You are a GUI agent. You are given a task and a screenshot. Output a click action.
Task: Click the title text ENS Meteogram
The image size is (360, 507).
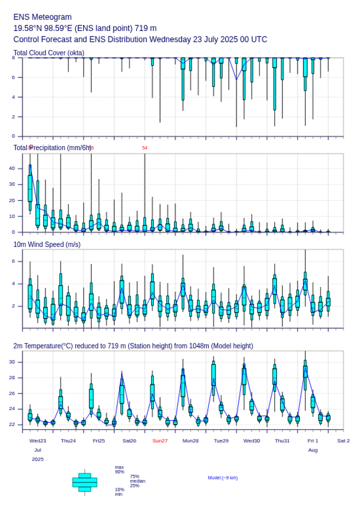coord(43,17)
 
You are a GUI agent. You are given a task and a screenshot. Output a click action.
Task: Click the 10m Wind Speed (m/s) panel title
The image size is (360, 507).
coord(47,244)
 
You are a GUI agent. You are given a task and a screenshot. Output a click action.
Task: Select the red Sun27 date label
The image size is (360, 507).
coord(160,441)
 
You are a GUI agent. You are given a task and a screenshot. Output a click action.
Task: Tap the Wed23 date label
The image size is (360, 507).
coord(38,441)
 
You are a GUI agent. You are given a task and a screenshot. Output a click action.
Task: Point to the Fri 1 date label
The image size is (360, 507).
coord(313,441)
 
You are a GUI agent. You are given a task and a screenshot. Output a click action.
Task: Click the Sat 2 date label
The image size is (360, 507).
coord(343,441)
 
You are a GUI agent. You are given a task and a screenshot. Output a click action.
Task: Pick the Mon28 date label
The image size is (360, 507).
coord(191,441)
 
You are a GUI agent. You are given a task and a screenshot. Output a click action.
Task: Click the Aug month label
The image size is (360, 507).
coord(313,450)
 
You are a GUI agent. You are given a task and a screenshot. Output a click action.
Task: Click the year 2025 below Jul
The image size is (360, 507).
coord(38,459)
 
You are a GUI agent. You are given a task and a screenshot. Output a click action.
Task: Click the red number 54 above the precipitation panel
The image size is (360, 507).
coord(145,148)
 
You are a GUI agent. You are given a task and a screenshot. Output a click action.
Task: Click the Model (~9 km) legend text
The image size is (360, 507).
coord(223,478)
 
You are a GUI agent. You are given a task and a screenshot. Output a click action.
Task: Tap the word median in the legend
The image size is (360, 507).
coord(137,481)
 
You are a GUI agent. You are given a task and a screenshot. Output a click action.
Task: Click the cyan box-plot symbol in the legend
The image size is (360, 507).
coord(85,482)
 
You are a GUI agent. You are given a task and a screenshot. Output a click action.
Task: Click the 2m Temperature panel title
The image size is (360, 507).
coord(133,346)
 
